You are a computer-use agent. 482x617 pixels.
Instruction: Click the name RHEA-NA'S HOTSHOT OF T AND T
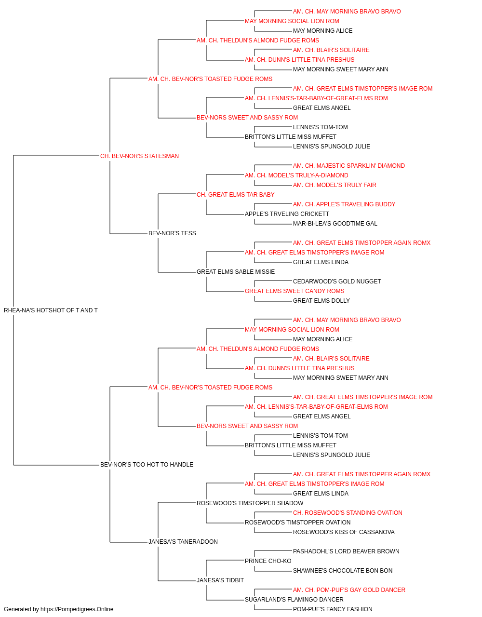(x=51, y=310)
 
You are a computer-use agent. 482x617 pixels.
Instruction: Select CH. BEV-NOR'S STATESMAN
(x=139, y=156)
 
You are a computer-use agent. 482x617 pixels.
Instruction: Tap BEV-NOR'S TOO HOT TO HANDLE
(x=147, y=465)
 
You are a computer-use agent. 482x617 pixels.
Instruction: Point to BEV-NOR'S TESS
(x=172, y=233)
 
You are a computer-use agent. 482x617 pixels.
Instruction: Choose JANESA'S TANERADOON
(x=183, y=542)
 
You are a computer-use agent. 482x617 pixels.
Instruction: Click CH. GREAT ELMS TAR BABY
(x=236, y=195)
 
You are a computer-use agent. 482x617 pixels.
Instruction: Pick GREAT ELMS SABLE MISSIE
(x=236, y=272)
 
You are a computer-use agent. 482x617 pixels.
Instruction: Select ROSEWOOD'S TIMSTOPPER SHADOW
(x=250, y=503)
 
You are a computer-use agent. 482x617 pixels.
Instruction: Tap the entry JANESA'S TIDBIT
(x=220, y=580)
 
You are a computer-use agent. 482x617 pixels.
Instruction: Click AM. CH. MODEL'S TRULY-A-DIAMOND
(x=296, y=175)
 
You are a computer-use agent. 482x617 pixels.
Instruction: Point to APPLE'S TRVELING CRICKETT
(x=287, y=214)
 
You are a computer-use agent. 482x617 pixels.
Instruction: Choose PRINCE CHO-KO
(x=268, y=561)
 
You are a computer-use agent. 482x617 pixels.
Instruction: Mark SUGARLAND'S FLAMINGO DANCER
(x=294, y=600)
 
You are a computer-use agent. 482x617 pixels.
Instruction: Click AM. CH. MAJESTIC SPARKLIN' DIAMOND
(x=349, y=166)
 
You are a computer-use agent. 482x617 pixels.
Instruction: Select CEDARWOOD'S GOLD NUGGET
(x=337, y=282)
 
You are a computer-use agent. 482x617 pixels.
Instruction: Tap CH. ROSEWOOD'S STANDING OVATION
(x=348, y=513)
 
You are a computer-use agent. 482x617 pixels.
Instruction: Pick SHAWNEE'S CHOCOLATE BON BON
(x=343, y=571)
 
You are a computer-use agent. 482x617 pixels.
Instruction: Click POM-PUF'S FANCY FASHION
(x=333, y=609)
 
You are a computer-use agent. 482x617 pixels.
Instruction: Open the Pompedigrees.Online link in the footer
(x=77, y=609)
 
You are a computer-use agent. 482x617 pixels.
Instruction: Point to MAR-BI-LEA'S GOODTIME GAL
(x=335, y=224)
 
